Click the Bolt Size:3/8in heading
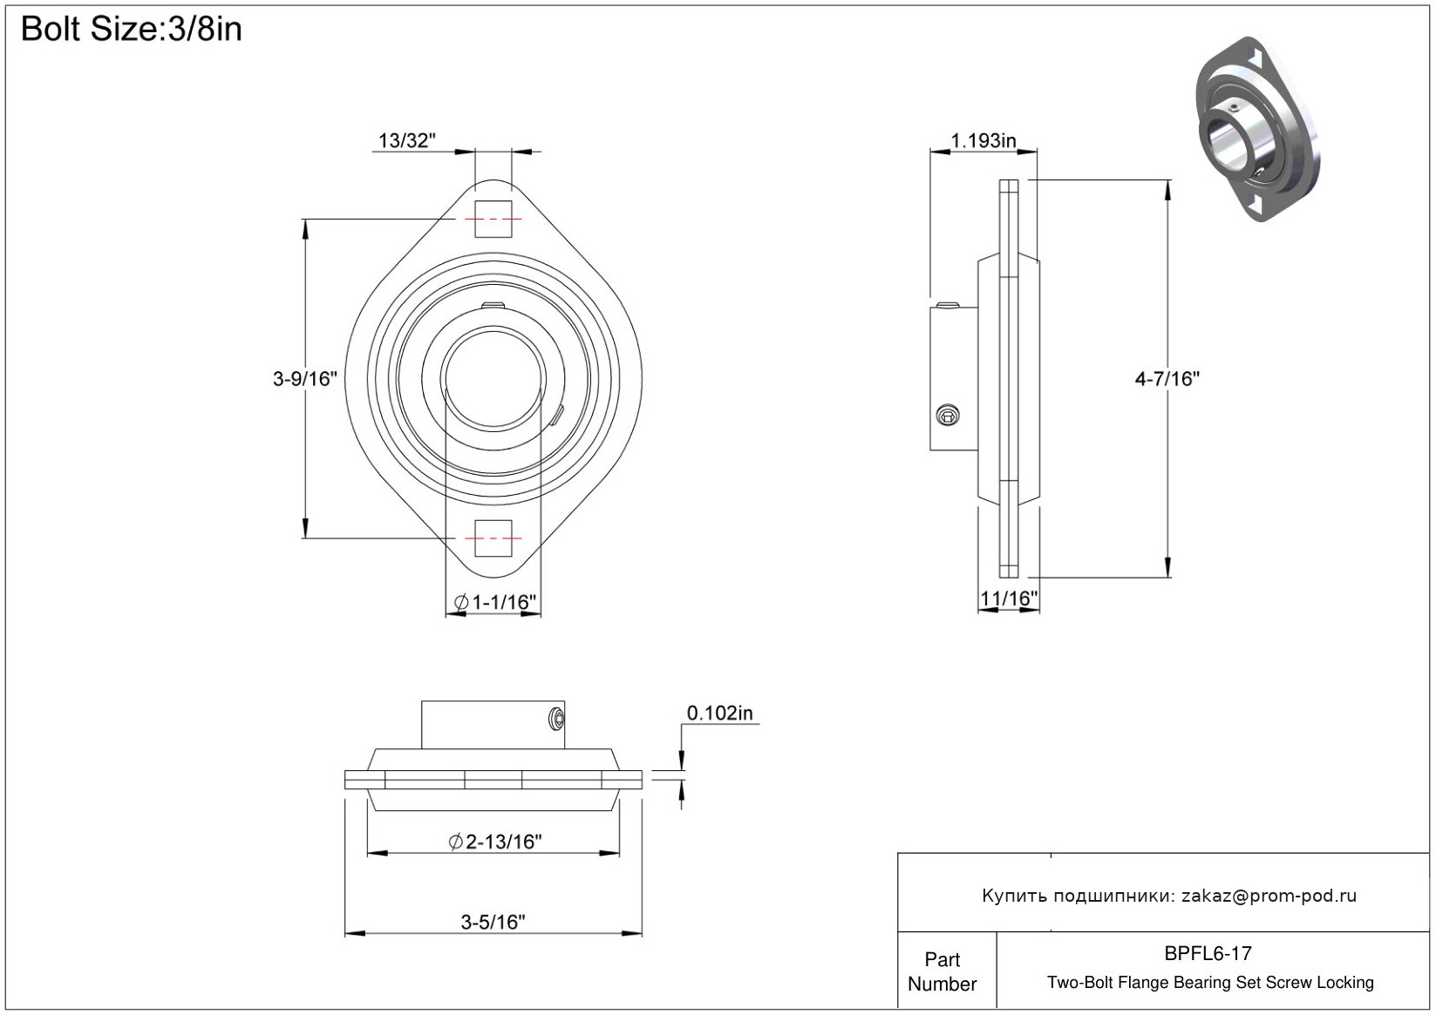tap(132, 30)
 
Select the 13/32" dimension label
tap(406, 140)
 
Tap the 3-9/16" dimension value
tap(304, 379)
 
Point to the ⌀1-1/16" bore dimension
tap(495, 602)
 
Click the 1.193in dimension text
tap(983, 140)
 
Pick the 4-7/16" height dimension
tap(1167, 379)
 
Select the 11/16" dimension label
tap(1008, 599)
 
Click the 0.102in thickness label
tap(719, 713)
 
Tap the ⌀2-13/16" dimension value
tap(495, 842)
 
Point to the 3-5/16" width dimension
tap(493, 922)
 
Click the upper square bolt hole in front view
tap(493, 218)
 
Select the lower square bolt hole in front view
tap(493, 538)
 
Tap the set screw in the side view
tap(947, 415)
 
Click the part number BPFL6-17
tap(1208, 953)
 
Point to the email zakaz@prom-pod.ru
tap(1269, 896)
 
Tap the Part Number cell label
tap(942, 971)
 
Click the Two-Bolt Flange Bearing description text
tap(1210, 983)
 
